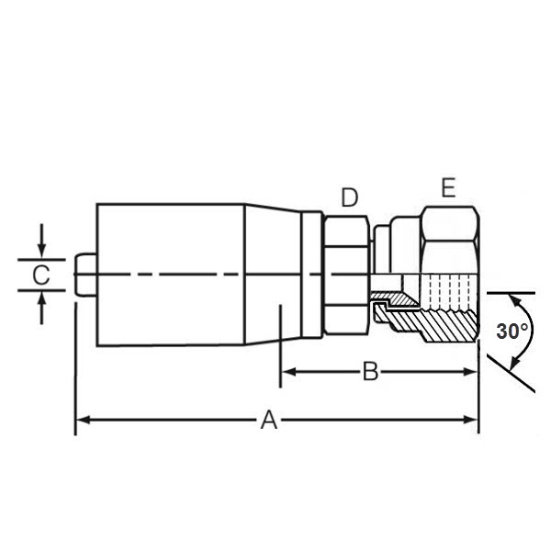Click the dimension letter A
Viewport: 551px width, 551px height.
pyautogui.click(x=269, y=420)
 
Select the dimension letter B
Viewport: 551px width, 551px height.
pyautogui.click(x=370, y=371)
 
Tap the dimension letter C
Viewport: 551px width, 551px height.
pyautogui.click(x=41, y=275)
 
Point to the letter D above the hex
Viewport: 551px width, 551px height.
pyautogui.click(x=350, y=197)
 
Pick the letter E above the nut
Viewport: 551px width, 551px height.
pyautogui.click(x=448, y=187)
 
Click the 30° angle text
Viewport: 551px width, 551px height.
pyautogui.click(x=512, y=331)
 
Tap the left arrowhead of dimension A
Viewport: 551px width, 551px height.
pyautogui.click(x=83, y=420)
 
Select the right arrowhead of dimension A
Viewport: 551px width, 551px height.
pyautogui.click(x=471, y=420)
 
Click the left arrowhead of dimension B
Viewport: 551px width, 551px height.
pyautogui.click(x=289, y=371)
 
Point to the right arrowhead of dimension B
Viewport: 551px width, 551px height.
pyautogui.click(x=470, y=372)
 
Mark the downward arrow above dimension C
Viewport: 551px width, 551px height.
pyautogui.click(x=42, y=241)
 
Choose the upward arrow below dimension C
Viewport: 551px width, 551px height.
pyautogui.click(x=42, y=309)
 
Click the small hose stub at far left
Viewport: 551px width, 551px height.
pyautogui.click(x=85, y=275)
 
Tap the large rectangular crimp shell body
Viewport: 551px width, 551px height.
pyautogui.click(x=171, y=275)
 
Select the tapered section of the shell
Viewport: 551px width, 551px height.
pyautogui.click(x=273, y=275)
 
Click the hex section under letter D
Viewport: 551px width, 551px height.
pyautogui.click(x=346, y=275)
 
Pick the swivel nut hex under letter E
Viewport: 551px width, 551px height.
pyautogui.click(x=451, y=241)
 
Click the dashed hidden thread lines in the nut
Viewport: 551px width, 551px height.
pyautogui.click(x=450, y=288)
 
